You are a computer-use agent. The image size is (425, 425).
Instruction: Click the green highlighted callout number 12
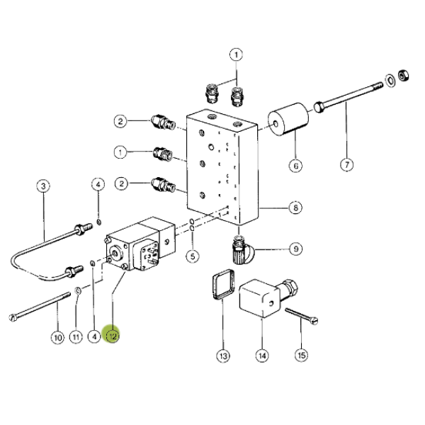112,336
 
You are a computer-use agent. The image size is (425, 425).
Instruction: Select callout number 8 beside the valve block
295,208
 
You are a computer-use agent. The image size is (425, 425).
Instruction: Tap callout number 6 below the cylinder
295,165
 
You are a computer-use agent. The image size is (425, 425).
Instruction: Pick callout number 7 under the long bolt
346,164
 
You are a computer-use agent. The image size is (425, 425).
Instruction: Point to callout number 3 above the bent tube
43,186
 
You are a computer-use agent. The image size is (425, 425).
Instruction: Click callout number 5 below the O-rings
193,256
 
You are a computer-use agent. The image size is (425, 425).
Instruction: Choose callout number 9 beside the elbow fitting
295,249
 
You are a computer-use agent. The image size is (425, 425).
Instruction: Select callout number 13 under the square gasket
223,356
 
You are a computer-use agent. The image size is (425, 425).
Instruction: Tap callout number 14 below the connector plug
262,356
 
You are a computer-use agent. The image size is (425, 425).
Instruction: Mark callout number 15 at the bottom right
302,355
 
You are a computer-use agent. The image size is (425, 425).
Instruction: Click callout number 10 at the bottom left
58,337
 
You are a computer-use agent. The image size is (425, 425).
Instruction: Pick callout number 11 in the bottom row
76,337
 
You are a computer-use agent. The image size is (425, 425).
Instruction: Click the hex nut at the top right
403,75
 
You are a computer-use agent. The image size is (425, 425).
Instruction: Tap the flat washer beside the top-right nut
390,81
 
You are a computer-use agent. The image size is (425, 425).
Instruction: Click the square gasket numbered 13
223,284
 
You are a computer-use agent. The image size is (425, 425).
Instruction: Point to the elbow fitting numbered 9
242,250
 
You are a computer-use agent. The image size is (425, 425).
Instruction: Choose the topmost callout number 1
236,55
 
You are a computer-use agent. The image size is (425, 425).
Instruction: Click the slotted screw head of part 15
314,321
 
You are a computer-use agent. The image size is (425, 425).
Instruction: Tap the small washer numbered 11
78,290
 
